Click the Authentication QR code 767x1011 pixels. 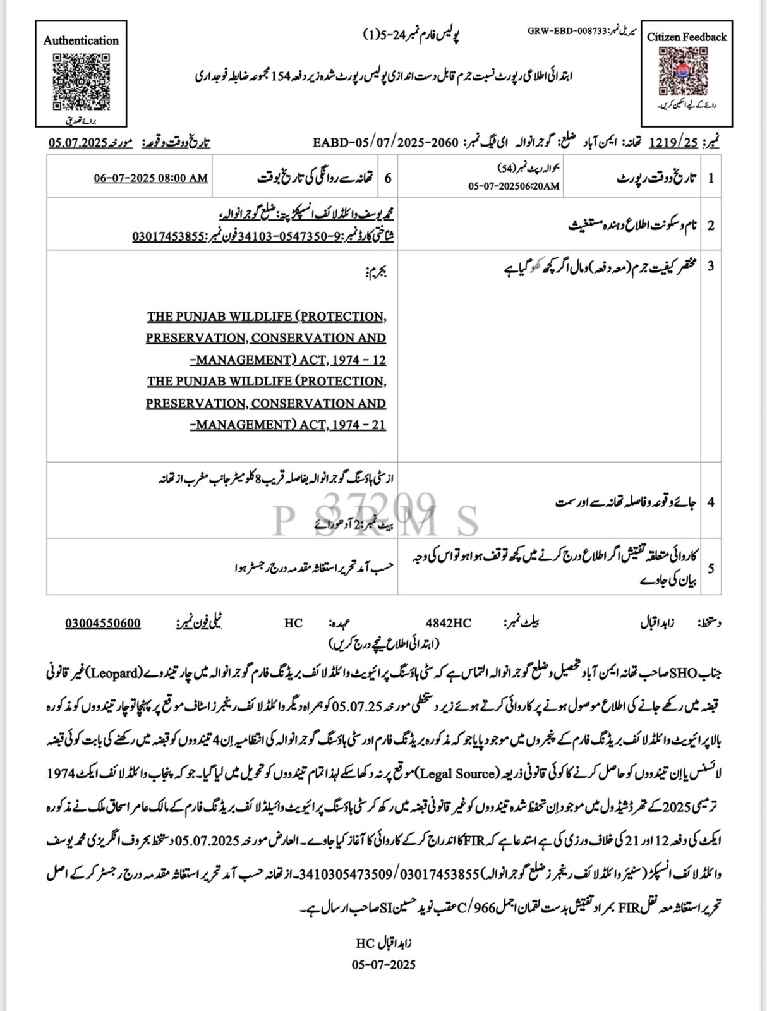point(80,80)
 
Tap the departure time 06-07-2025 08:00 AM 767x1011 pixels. point(151,178)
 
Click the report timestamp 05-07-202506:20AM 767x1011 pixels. point(514,186)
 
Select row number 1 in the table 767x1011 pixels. point(711,178)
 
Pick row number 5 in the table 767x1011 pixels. point(711,568)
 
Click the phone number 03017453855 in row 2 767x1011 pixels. point(167,236)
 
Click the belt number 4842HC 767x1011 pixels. point(448,623)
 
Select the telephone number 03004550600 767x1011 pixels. point(103,623)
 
